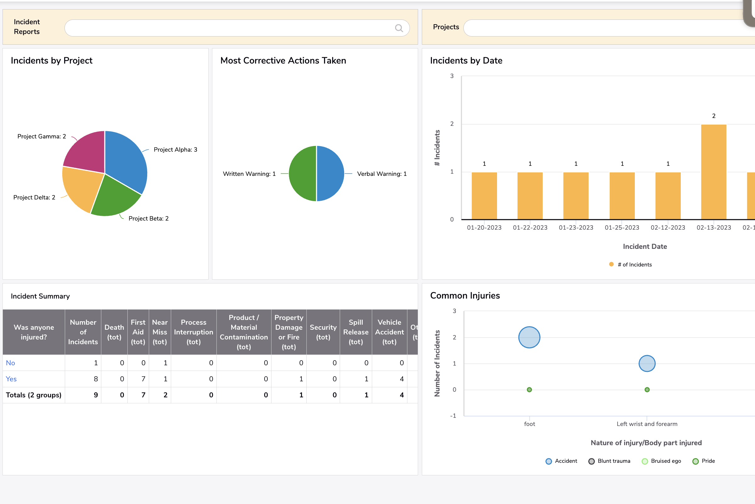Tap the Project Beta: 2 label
[148, 219]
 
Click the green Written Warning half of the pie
[302, 174]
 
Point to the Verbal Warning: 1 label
[382, 174]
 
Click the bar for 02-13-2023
[713, 172]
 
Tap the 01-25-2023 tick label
[622, 227]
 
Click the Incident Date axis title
[645, 247]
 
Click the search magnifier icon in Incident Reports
[399, 28]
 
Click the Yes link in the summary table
[11, 379]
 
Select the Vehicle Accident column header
[389, 332]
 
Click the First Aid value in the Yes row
[143, 379]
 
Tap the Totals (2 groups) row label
[33, 395]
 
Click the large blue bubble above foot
[529, 337]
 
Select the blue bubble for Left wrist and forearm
[647, 364]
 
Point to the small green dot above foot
[529, 389]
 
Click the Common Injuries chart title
[465, 295]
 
